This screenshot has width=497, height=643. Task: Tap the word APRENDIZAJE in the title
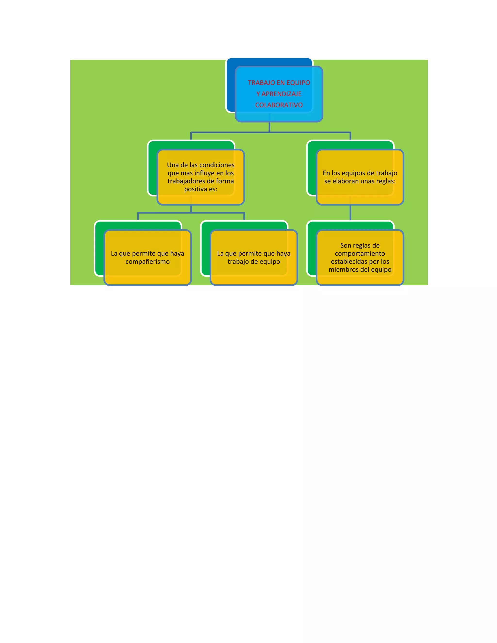282,94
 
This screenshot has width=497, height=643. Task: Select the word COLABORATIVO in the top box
279,105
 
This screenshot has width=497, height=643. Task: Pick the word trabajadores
186,181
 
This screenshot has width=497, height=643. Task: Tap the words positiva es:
200,189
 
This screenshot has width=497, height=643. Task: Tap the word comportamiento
360,254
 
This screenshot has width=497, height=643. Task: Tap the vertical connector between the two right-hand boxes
350,213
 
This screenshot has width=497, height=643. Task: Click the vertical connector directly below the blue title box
269,127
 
